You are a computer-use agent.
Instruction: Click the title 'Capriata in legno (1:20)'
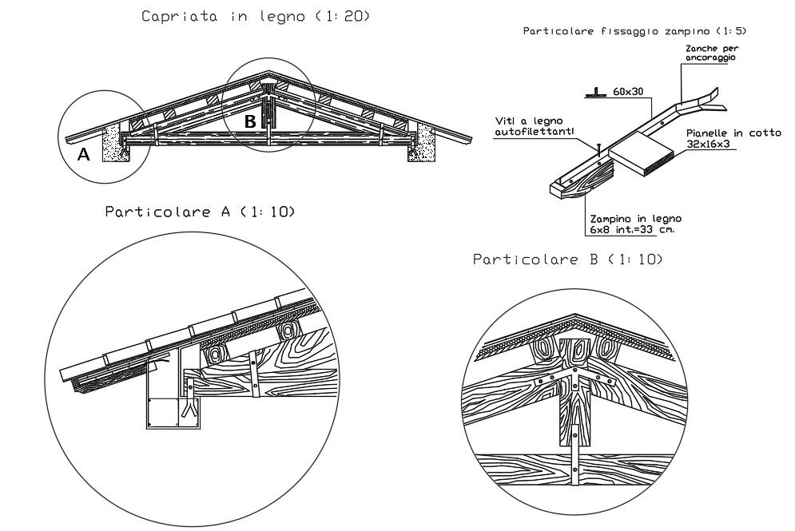(256, 16)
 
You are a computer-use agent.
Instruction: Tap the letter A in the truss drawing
(83, 157)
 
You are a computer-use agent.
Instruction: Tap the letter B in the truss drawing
(250, 122)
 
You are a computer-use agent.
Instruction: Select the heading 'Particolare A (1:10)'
(200, 212)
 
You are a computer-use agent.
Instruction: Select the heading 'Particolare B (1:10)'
(567, 260)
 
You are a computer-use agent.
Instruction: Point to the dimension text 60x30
(629, 92)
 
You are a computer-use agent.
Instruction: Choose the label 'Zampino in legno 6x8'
(635, 223)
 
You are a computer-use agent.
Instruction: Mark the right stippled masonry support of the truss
(421, 145)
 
